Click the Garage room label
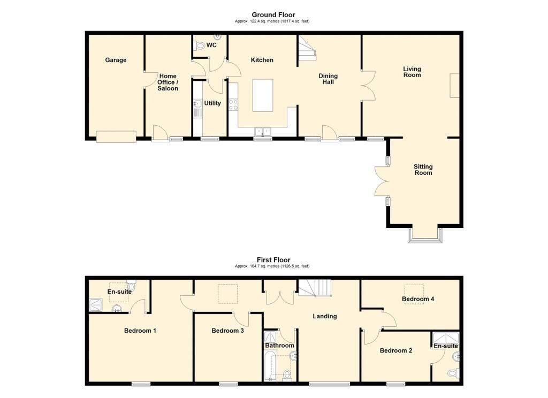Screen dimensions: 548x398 (116, 60)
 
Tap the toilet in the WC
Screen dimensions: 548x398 (200, 45)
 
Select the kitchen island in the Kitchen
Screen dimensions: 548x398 (262, 95)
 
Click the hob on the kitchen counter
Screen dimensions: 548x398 (233, 104)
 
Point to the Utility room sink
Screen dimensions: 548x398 (197, 104)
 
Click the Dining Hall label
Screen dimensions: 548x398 (328, 79)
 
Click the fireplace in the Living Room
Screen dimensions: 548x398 (454, 86)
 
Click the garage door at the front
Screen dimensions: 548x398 (116, 136)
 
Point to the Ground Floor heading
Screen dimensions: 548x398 (273, 14)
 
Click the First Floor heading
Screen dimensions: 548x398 (273, 260)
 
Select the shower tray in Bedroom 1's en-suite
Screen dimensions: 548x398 (95, 304)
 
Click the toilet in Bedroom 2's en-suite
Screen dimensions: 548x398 (453, 373)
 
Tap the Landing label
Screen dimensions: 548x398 (325, 316)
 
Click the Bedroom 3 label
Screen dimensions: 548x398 (227, 331)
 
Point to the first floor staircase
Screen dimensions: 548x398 (314, 288)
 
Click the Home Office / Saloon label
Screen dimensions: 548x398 (168, 82)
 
